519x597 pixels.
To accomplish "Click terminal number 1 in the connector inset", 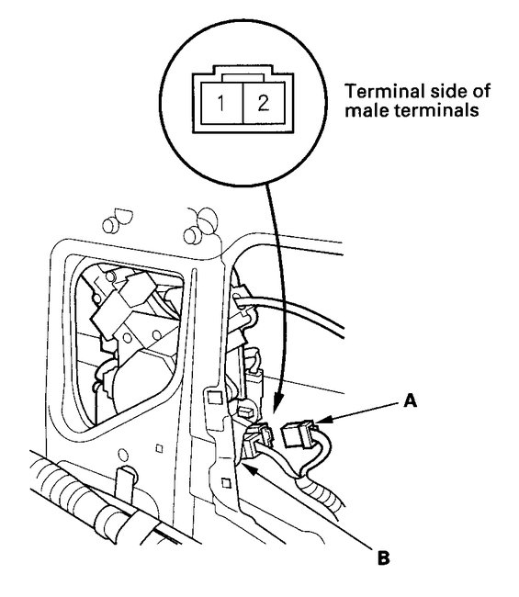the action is (220, 103).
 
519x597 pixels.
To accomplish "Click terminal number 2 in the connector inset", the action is (263, 103).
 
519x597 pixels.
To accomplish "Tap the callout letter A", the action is (410, 401).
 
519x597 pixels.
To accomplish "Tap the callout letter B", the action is (383, 558).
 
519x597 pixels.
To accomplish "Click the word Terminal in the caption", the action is (384, 91).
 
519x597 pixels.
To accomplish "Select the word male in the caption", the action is (367, 111).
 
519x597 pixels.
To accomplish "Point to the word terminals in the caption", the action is (436, 111).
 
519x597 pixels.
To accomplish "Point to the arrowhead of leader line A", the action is (321, 421).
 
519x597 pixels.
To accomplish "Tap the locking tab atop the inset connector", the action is (243, 77).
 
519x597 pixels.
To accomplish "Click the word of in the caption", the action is (481, 91).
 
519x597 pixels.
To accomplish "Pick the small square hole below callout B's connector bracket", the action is (226, 483).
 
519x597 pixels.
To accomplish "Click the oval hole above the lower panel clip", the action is (123, 455).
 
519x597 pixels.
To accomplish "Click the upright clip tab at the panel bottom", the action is (126, 483).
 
